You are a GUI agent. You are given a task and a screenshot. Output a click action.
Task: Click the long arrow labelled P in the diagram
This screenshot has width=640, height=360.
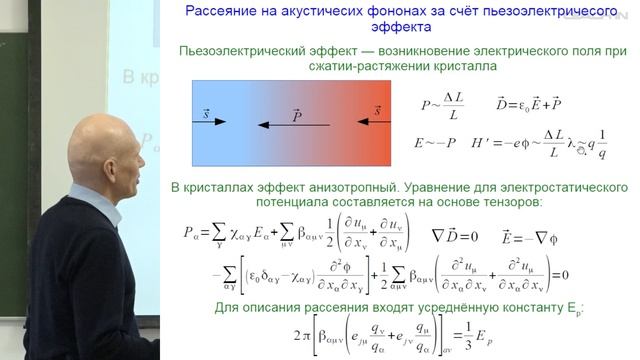pyautogui.click(x=293, y=126)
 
